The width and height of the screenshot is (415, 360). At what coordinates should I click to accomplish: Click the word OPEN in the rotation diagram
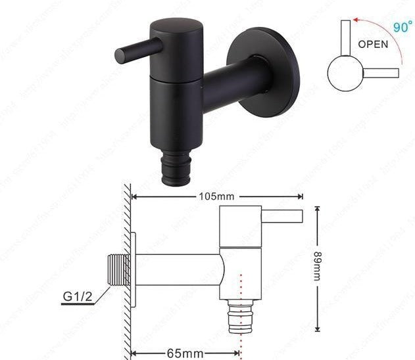click(x=373, y=45)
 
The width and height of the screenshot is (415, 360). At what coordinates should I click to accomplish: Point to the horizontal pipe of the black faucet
click(x=233, y=85)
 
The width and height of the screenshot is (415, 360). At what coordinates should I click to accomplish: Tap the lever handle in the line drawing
click(x=282, y=216)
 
